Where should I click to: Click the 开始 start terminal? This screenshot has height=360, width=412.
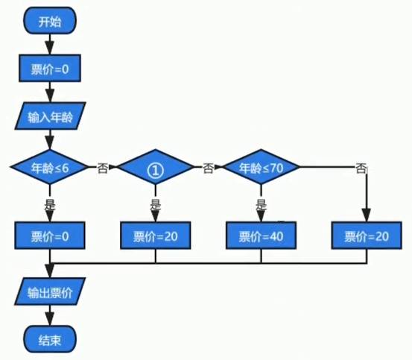50,21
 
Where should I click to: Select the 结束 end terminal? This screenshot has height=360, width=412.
50,340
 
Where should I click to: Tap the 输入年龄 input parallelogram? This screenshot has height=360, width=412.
50,116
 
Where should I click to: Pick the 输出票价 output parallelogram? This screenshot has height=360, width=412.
50,291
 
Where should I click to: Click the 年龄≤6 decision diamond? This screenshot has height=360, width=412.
50,167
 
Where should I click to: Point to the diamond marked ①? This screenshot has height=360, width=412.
156,167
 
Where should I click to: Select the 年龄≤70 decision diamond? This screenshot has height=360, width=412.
261,167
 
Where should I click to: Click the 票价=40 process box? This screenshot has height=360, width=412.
261,236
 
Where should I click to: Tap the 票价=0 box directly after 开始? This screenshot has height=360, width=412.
50,69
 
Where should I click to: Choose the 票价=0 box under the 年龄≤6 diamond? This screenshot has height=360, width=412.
50,236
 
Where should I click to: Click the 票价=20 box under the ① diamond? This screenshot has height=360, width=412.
156,236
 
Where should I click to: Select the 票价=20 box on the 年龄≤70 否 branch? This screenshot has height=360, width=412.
367,236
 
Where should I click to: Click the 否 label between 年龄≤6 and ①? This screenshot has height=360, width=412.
103,168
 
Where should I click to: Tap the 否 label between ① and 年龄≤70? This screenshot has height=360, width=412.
208,168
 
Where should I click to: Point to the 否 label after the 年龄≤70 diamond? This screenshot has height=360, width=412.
361,168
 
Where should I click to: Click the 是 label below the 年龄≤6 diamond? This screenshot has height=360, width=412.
50,204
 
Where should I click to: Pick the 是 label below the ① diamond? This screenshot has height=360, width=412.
156,204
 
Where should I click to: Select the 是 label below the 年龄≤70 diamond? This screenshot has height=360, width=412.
261,204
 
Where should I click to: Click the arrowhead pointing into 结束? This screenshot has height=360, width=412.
50,319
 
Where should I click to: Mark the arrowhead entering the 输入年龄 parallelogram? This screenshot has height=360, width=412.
50,95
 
